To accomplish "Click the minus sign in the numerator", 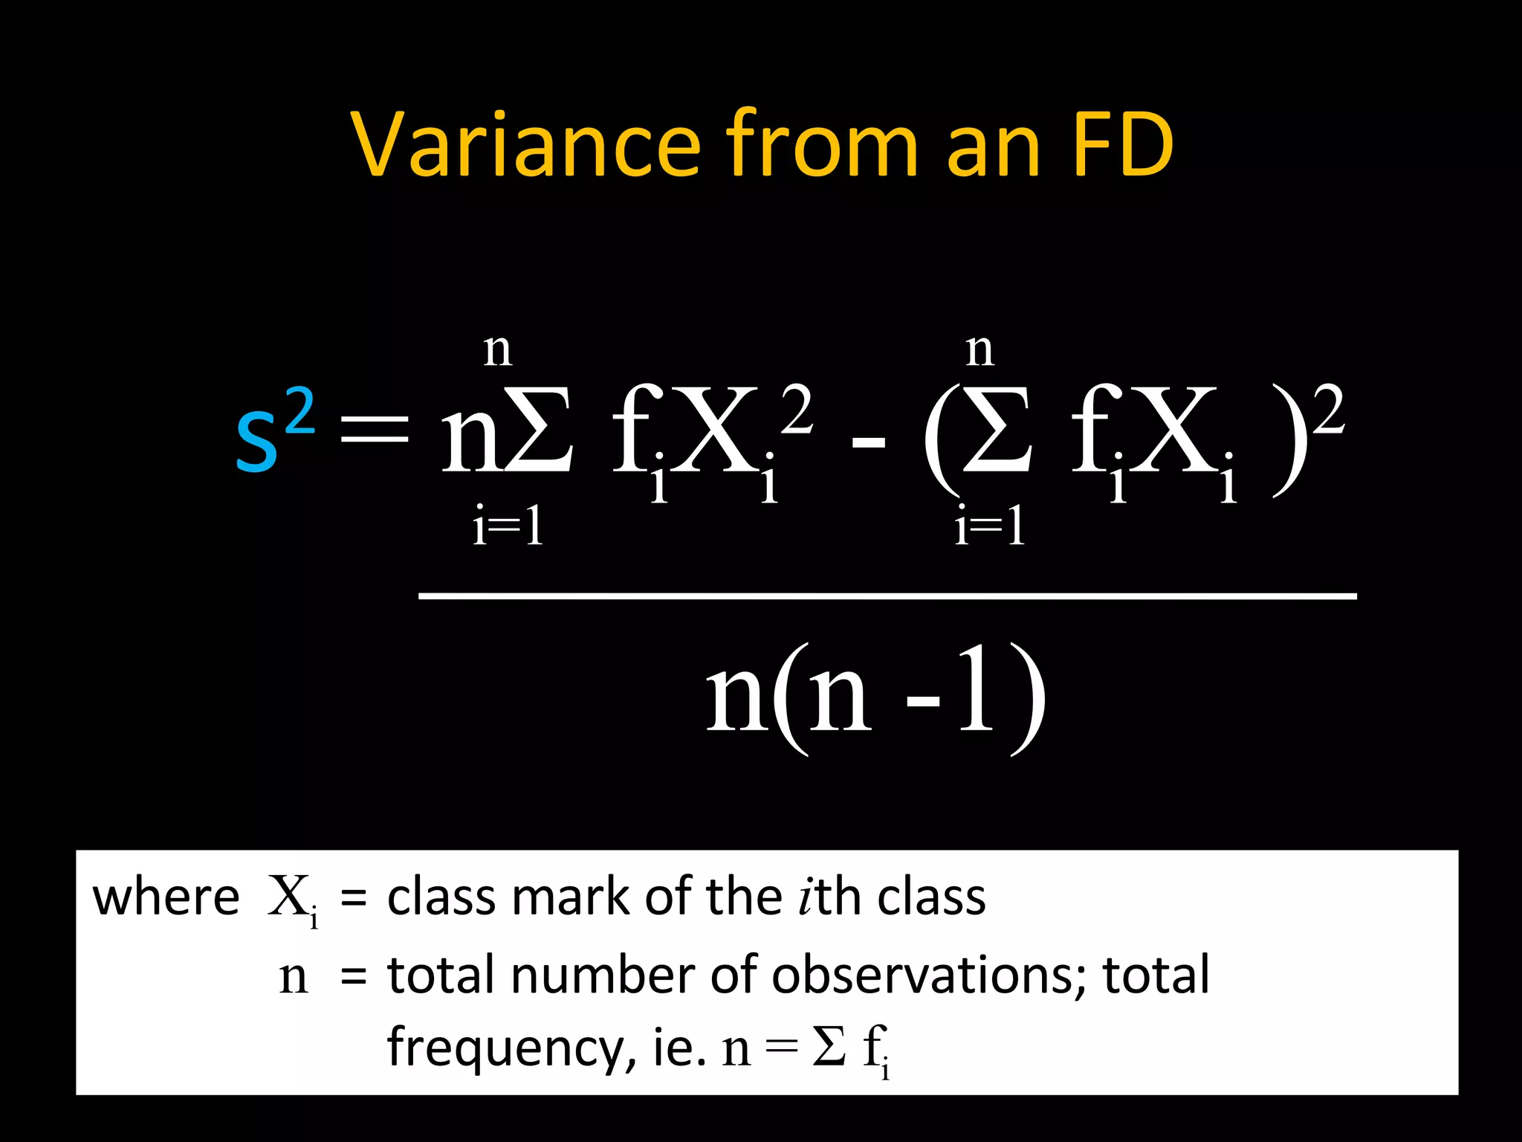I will click(868, 443).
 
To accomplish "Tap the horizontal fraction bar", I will click(887, 596).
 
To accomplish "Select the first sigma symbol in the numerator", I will click(538, 431).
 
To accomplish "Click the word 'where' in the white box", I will click(166, 897).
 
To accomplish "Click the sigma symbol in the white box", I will click(829, 1047).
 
